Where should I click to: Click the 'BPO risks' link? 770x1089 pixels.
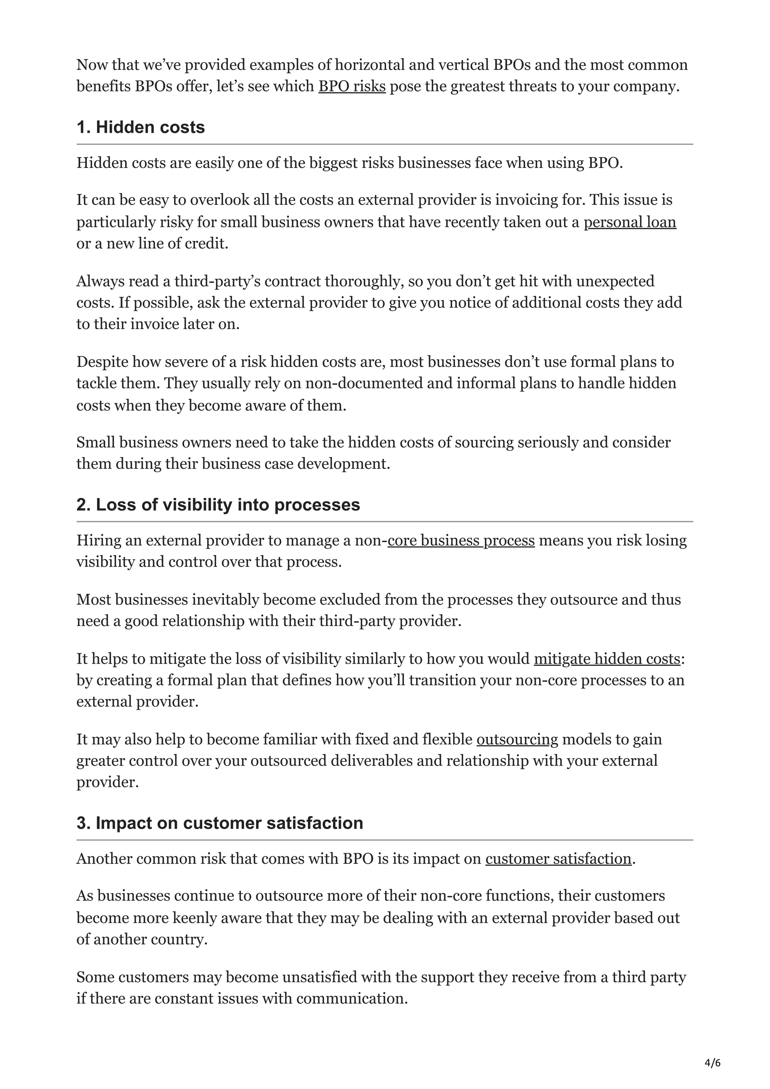click(x=352, y=86)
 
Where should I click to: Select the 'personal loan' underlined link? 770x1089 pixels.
click(x=629, y=222)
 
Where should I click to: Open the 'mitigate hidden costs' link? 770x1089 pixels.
click(x=607, y=659)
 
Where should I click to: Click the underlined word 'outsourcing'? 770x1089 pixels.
click(x=517, y=740)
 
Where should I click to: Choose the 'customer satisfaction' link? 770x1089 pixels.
click(x=558, y=859)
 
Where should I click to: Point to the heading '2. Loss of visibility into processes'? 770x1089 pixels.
click(x=218, y=505)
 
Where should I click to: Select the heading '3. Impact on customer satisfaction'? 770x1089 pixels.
click(x=220, y=823)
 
